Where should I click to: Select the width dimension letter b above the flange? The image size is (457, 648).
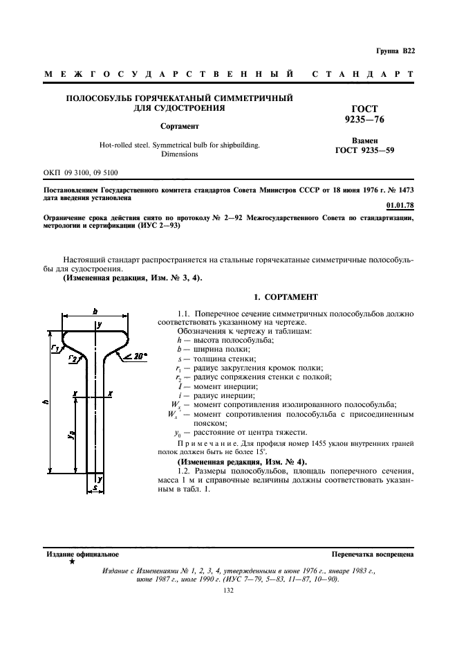tap(95, 312)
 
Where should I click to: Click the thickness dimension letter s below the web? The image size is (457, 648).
tap(95, 488)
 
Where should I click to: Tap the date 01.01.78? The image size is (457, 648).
tap(400, 205)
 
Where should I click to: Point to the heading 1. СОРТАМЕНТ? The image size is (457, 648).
tap(286, 297)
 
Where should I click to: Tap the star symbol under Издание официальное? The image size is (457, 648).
tap(72, 562)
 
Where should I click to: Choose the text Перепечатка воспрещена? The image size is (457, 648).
tap(373, 555)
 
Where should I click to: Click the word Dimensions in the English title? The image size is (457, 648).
tap(180, 154)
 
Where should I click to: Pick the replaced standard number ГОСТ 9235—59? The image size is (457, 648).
tap(364, 150)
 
